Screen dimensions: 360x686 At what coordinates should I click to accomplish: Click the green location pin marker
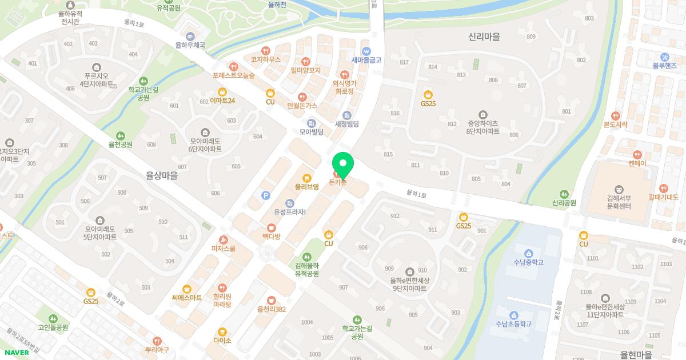[x=343, y=165]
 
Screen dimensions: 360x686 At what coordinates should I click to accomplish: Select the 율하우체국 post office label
[x=190, y=45]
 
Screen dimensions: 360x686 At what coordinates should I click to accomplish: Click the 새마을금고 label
[x=366, y=59]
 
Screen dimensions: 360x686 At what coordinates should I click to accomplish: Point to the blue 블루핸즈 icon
[x=665, y=57]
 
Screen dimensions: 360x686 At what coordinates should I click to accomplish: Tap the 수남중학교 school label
[x=528, y=262]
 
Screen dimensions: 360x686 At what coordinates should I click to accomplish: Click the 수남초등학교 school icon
[x=513, y=315]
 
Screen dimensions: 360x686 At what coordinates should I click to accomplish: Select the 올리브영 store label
[x=306, y=186]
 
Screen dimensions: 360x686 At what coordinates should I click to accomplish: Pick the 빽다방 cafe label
[x=271, y=236]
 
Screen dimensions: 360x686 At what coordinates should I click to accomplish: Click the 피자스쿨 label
[x=224, y=249]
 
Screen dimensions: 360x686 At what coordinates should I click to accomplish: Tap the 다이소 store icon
[x=222, y=331]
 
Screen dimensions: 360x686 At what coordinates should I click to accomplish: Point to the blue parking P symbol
[x=265, y=195]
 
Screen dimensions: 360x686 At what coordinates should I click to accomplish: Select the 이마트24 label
[x=222, y=101]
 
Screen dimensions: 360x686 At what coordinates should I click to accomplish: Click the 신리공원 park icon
[x=564, y=194]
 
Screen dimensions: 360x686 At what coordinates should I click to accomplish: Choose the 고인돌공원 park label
[x=53, y=327]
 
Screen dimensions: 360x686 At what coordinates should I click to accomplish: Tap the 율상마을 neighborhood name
[x=161, y=176]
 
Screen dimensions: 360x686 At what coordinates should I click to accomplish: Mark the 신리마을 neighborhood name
[x=484, y=37]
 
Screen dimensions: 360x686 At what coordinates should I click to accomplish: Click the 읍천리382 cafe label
[x=272, y=309]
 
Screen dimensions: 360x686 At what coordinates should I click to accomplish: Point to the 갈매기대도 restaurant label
[x=663, y=197]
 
